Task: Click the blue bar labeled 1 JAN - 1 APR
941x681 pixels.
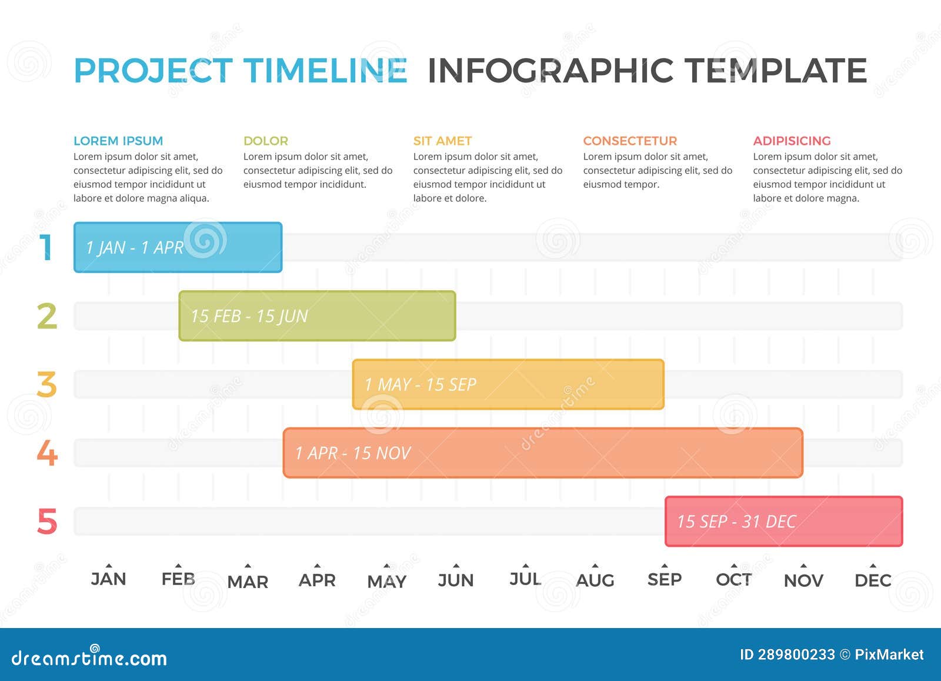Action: coord(178,247)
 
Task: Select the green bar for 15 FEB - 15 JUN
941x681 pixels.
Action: coord(317,316)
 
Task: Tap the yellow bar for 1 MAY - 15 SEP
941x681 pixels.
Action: coord(508,384)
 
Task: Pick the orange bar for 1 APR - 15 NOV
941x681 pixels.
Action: coord(543,453)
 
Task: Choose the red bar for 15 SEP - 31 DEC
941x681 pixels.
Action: coord(783,521)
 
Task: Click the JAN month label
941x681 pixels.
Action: coord(109,579)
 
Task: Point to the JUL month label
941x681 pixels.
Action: coord(525,579)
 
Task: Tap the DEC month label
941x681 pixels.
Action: coord(873,580)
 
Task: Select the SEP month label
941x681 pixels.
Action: coord(665,580)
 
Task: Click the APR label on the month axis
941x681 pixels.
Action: coord(317,580)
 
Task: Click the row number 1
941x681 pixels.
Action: coord(46,247)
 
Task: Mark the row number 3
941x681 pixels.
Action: coord(47,384)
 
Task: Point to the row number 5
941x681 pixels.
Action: coord(47,521)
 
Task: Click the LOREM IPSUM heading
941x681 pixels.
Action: coord(118,141)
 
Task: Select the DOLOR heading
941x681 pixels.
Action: coord(266,141)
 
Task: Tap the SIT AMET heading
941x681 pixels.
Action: coord(442,141)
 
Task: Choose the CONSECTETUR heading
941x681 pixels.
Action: coord(630,141)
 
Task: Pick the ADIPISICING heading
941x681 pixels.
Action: coord(792,141)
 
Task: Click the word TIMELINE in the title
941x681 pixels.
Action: coord(325,71)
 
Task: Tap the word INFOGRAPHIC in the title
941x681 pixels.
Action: coord(550,71)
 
